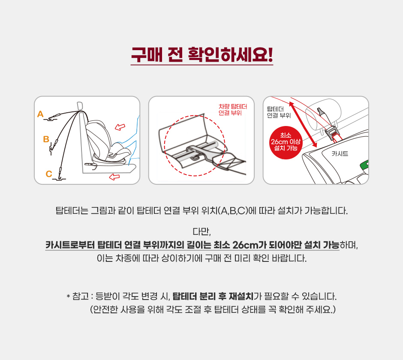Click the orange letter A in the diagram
click(40, 114)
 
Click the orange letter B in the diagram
click(46, 139)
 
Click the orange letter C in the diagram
click(49, 174)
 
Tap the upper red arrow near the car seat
click(120, 127)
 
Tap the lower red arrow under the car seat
click(114, 177)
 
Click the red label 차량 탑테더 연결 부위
click(233, 110)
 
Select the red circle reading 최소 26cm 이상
click(286, 143)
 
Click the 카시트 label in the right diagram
click(340, 154)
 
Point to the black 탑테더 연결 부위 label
click(279, 112)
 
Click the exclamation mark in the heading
click(270, 54)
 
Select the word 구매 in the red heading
click(147, 54)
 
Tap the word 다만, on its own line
click(202, 232)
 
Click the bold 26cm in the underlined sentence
click(245, 245)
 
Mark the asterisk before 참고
click(68, 297)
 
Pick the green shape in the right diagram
click(365, 165)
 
